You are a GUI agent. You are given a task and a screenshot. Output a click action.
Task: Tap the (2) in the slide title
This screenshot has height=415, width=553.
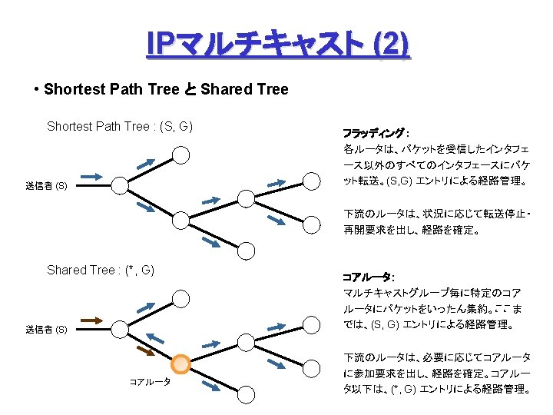[390, 45]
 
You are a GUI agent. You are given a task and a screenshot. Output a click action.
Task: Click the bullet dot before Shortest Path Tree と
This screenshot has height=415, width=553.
[37, 89]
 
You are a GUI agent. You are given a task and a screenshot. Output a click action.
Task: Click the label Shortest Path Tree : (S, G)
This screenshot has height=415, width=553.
[119, 126]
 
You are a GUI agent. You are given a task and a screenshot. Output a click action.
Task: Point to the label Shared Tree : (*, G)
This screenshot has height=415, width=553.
[101, 270]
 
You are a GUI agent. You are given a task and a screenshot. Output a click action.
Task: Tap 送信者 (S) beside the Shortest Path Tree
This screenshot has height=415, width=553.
[46, 186]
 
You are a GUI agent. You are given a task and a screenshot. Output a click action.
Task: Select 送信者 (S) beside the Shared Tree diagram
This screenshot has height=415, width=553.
[46, 330]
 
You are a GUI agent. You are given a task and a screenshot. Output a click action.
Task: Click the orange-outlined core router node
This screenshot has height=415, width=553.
[180, 364]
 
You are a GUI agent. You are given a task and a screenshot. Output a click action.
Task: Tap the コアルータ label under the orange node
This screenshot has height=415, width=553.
[150, 381]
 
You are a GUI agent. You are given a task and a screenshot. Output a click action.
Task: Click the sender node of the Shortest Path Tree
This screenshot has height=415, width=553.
[120, 184]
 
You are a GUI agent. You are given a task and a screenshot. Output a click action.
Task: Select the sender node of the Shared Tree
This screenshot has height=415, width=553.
[120, 328]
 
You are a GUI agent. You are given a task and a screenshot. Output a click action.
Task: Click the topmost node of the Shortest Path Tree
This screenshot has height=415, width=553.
[180, 154]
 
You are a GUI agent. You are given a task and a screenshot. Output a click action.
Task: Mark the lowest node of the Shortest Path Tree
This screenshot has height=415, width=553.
[247, 251]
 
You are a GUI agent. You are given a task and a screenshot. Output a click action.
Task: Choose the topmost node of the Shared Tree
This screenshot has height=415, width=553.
[180, 298]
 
